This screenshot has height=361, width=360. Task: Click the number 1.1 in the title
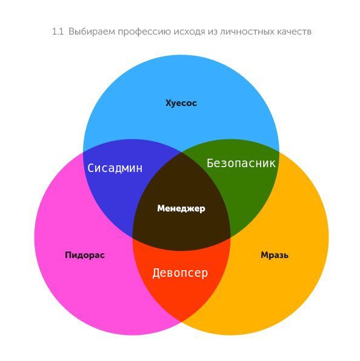tap(58, 31)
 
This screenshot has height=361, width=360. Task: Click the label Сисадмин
tap(115, 168)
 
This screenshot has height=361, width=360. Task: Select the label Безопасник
tap(241, 163)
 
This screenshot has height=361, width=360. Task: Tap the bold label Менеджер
tap(181, 208)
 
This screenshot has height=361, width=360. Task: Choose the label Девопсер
tap(180, 273)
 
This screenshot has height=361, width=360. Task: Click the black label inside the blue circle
tap(181, 103)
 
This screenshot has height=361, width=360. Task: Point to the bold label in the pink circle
tap(85, 255)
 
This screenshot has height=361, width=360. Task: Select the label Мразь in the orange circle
tap(275, 255)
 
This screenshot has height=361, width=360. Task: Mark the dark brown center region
tap(181, 221)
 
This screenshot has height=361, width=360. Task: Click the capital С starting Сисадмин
tap(91, 168)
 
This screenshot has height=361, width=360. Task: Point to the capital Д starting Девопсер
tap(156, 273)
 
